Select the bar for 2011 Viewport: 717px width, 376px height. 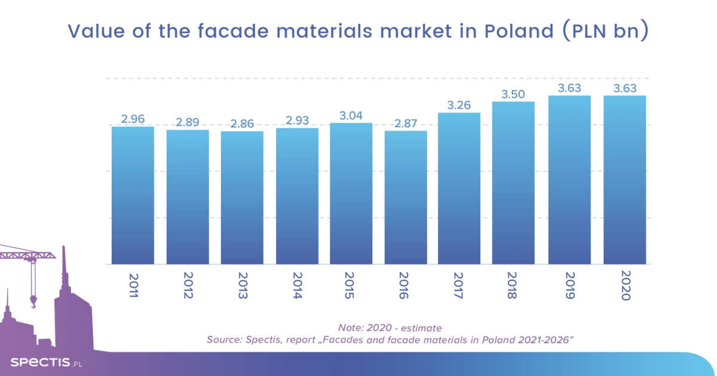[133, 195]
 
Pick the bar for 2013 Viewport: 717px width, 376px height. [242, 198]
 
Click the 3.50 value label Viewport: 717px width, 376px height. [513, 94]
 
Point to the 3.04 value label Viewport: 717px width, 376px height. [351, 115]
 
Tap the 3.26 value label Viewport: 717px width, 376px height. [459, 105]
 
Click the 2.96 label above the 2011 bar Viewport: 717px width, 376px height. [133, 119]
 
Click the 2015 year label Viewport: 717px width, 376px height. [351, 287]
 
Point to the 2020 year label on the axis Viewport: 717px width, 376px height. [625, 287]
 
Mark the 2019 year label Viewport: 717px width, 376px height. [570, 287]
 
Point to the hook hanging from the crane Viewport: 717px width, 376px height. [33, 302]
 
